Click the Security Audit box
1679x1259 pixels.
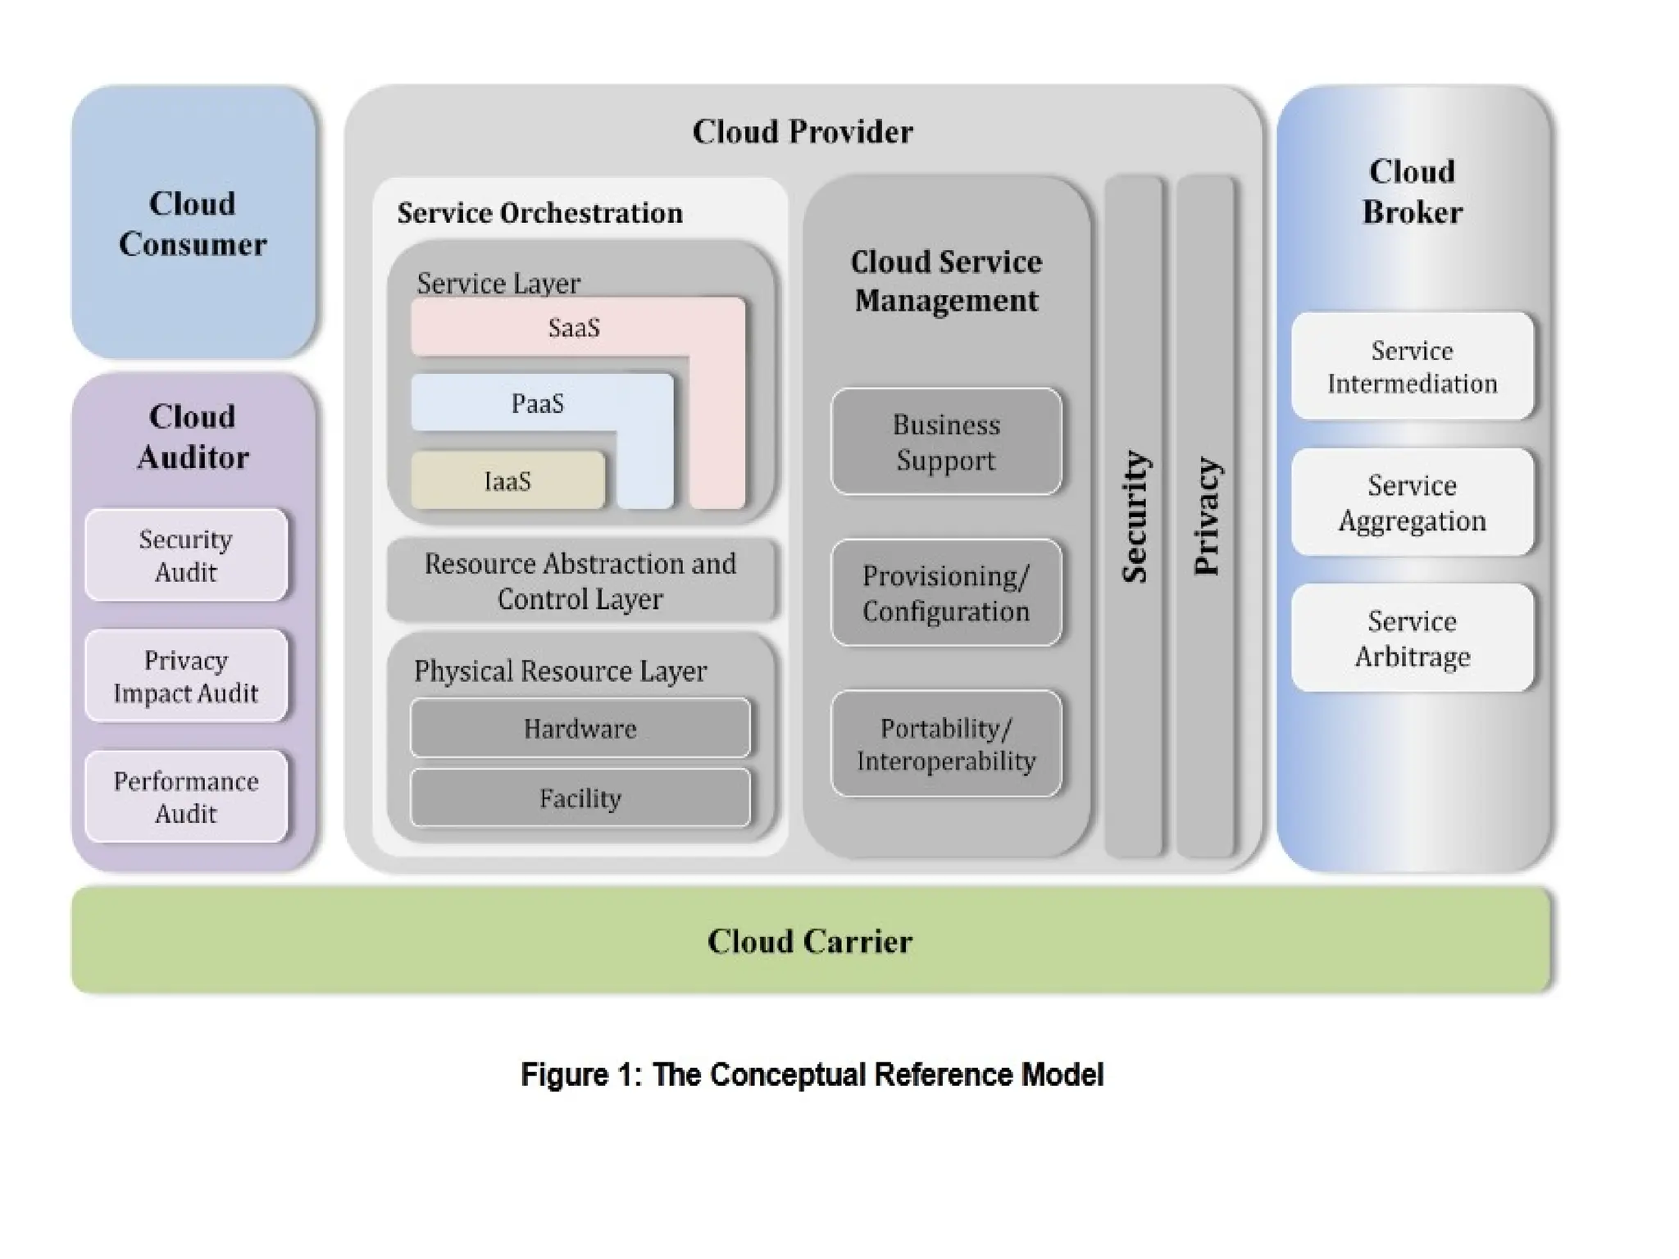click(186, 555)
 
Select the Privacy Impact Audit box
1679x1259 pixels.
click(186, 676)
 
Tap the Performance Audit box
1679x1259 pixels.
click(186, 797)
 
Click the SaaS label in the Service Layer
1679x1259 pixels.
click(574, 328)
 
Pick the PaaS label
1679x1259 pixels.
click(538, 403)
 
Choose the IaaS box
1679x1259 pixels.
click(507, 480)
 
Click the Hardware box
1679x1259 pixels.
click(580, 728)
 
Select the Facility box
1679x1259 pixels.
click(580, 798)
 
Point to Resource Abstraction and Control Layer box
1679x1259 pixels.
click(580, 580)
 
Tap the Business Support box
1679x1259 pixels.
click(946, 442)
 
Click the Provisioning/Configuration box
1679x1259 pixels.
click(946, 593)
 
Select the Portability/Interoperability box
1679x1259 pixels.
click(946, 743)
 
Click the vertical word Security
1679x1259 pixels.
click(1135, 516)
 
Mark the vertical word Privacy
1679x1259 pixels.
click(1207, 516)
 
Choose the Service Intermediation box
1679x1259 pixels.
click(1412, 366)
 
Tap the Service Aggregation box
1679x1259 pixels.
click(1412, 502)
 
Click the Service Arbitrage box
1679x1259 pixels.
click(1412, 638)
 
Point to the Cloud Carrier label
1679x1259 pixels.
click(810, 941)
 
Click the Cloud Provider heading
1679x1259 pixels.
click(803, 131)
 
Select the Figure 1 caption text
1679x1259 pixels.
click(812, 1074)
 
